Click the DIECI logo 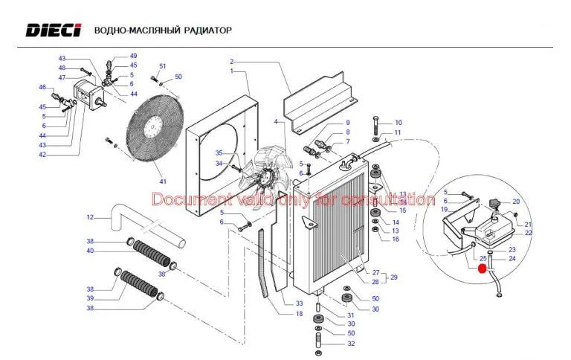52,30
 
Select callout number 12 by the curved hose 90,218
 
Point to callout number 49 133,56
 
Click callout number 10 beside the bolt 398,123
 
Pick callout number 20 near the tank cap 515,202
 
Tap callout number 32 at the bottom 351,344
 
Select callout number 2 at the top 231,62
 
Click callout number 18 299,314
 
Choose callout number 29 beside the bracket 394,277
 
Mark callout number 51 162,67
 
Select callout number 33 299,303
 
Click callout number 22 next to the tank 528,233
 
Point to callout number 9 346,123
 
